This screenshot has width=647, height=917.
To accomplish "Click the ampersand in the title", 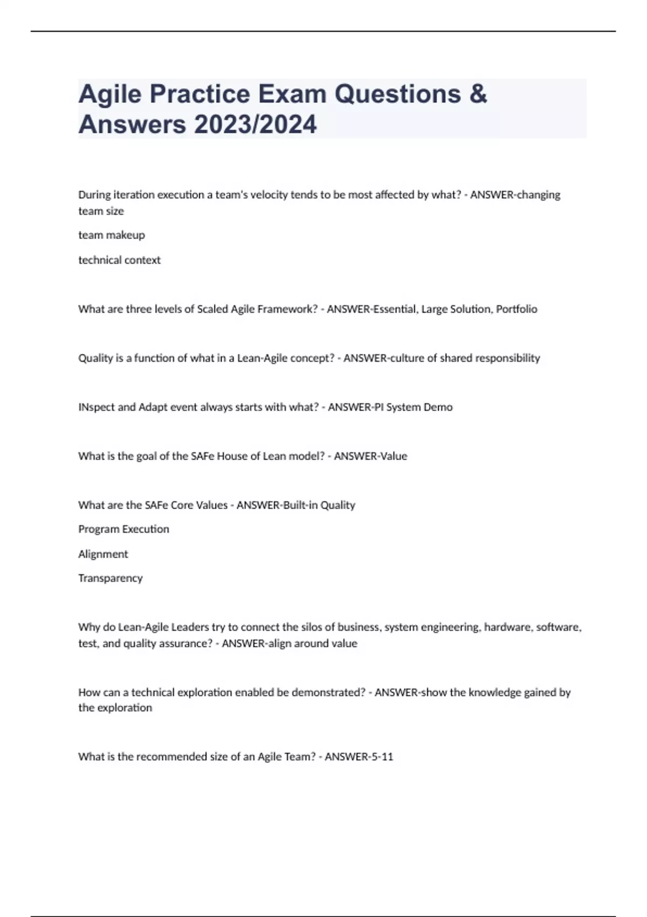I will (478, 94).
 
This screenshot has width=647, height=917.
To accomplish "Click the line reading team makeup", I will (112, 235).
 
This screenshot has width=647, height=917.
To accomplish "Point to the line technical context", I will (119, 260).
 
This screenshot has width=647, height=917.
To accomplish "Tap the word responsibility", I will (507, 358).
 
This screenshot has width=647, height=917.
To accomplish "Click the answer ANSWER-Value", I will (370, 456).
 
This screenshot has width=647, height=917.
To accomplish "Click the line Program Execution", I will (123, 529).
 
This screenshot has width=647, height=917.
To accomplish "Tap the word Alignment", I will (103, 554).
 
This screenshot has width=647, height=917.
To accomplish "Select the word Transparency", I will (110, 578).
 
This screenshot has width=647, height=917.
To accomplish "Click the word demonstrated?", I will (328, 693).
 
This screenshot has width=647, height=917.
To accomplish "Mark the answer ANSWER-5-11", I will (359, 757).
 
